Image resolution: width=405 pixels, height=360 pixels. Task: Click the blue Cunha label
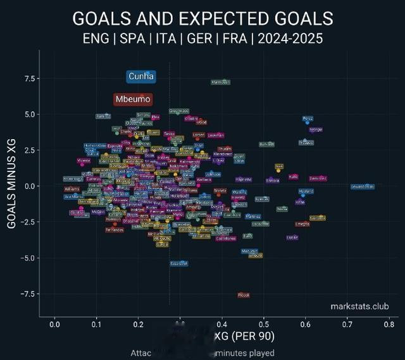click(141, 77)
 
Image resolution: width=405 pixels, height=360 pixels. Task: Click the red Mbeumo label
click(133, 99)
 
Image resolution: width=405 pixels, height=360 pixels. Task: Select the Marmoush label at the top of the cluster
click(220, 82)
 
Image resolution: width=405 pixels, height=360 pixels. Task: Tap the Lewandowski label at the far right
click(363, 187)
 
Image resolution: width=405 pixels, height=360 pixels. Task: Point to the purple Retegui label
click(316, 130)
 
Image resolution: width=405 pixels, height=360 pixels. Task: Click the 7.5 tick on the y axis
click(28, 78)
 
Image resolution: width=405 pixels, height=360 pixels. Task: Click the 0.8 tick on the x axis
click(390, 325)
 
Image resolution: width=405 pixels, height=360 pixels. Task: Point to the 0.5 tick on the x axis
click(265, 325)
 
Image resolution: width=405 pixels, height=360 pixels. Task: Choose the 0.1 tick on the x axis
click(96, 325)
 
